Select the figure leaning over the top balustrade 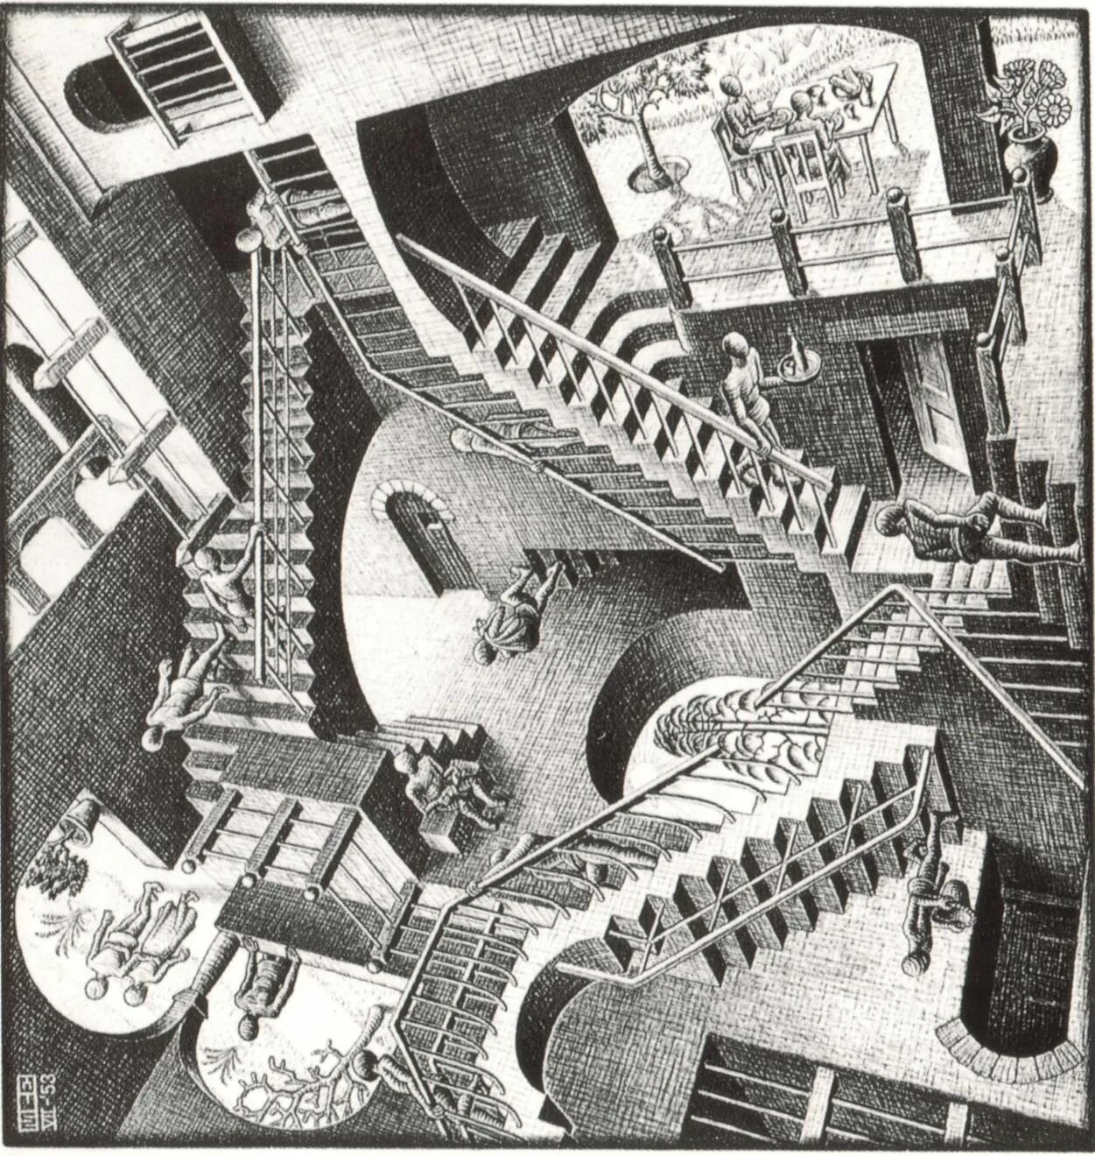point(271,210)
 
